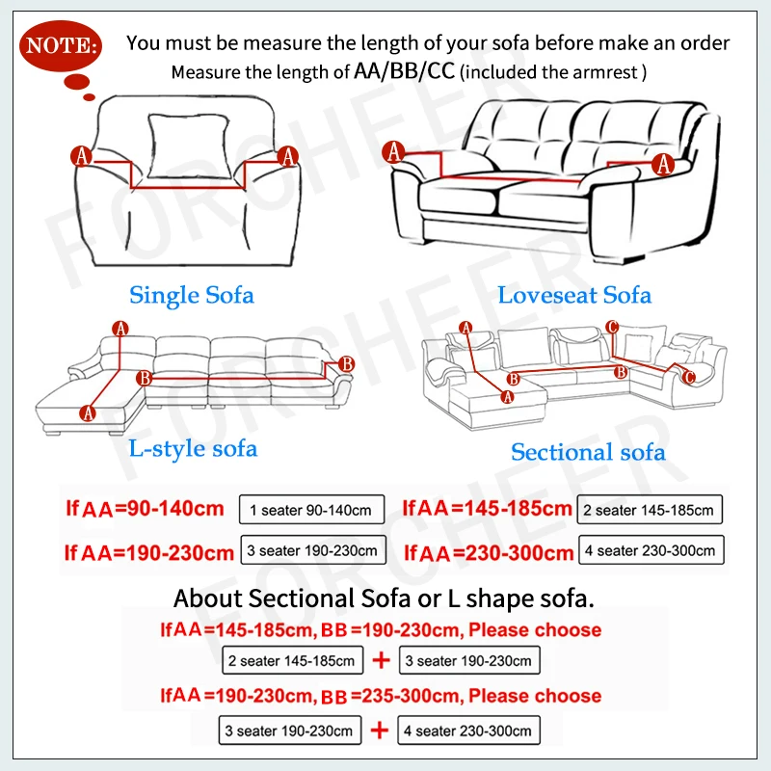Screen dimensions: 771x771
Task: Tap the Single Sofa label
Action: (x=192, y=294)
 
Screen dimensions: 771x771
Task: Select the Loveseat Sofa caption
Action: (x=574, y=295)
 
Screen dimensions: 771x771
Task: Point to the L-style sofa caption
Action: (x=193, y=448)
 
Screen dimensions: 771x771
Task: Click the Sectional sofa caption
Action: (x=588, y=451)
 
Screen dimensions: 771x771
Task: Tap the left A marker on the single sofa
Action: (x=82, y=155)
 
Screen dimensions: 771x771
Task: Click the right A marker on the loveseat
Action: (x=663, y=165)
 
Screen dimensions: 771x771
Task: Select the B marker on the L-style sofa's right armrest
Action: (x=347, y=363)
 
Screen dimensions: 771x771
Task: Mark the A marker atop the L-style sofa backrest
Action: (x=120, y=329)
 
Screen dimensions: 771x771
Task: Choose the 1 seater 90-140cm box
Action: (x=311, y=509)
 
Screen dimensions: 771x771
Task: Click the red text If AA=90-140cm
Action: (x=145, y=508)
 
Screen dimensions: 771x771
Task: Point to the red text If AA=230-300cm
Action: (x=489, y=552)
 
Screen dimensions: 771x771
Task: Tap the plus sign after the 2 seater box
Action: (x=381, y=661)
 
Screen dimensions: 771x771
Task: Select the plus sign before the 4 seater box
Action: (x=381, y=730)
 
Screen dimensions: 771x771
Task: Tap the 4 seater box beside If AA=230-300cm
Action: (x=651, y=551)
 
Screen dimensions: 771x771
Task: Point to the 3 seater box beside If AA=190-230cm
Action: (x=313, y=550)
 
